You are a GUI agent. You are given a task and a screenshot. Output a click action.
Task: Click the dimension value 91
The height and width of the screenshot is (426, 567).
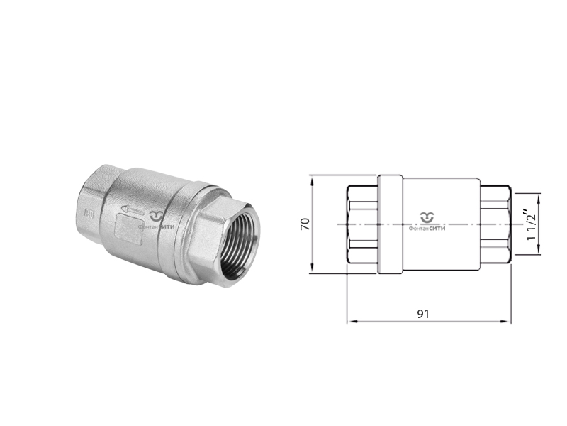coord(424,313)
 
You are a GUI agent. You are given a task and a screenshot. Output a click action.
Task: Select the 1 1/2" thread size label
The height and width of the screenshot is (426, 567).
coord(531,224)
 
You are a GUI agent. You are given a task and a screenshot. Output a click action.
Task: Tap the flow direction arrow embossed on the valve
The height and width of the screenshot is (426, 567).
coord(131,210)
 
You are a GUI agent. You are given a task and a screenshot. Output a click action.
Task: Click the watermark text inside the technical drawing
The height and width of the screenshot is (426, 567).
coord(427,228)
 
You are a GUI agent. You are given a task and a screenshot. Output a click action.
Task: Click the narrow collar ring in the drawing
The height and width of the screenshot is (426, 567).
coord(390,224)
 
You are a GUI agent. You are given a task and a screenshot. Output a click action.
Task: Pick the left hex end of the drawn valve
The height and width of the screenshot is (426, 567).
coord(362,224)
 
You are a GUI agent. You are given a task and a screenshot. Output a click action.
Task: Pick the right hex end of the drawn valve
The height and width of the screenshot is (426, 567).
coord(495,224)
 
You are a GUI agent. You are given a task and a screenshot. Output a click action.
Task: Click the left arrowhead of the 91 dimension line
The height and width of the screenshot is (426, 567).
coord(350,322)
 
